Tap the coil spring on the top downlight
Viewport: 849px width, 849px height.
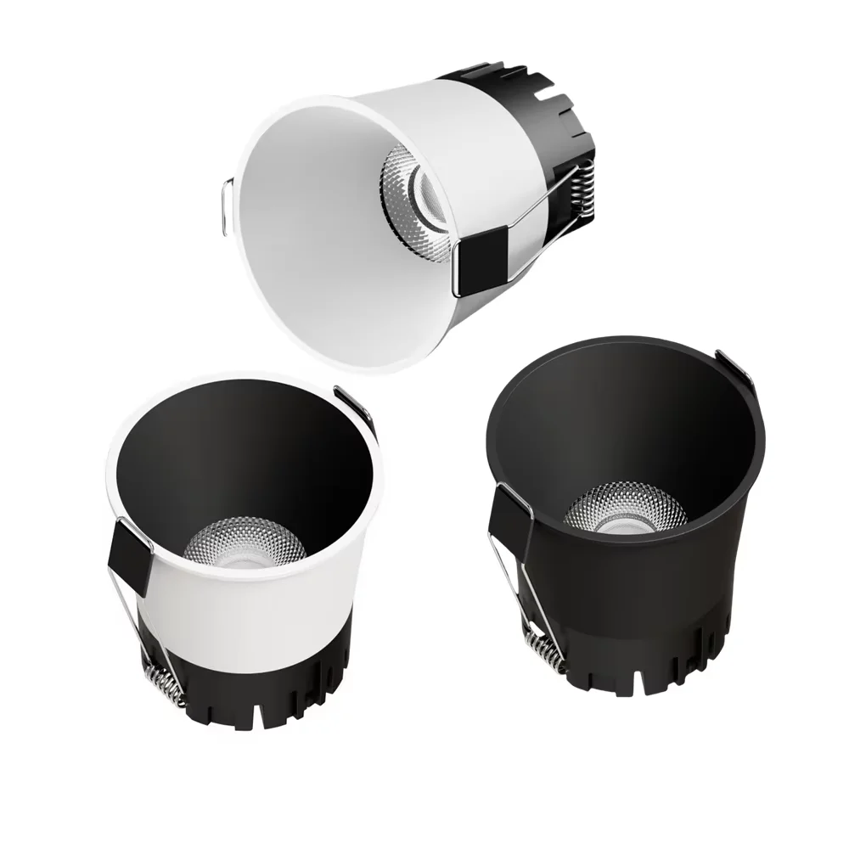click(x=580, y=192)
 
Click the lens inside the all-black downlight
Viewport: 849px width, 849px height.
click(x=624, y=514)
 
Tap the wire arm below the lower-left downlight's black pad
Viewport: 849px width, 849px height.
click(x=136, y=628)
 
